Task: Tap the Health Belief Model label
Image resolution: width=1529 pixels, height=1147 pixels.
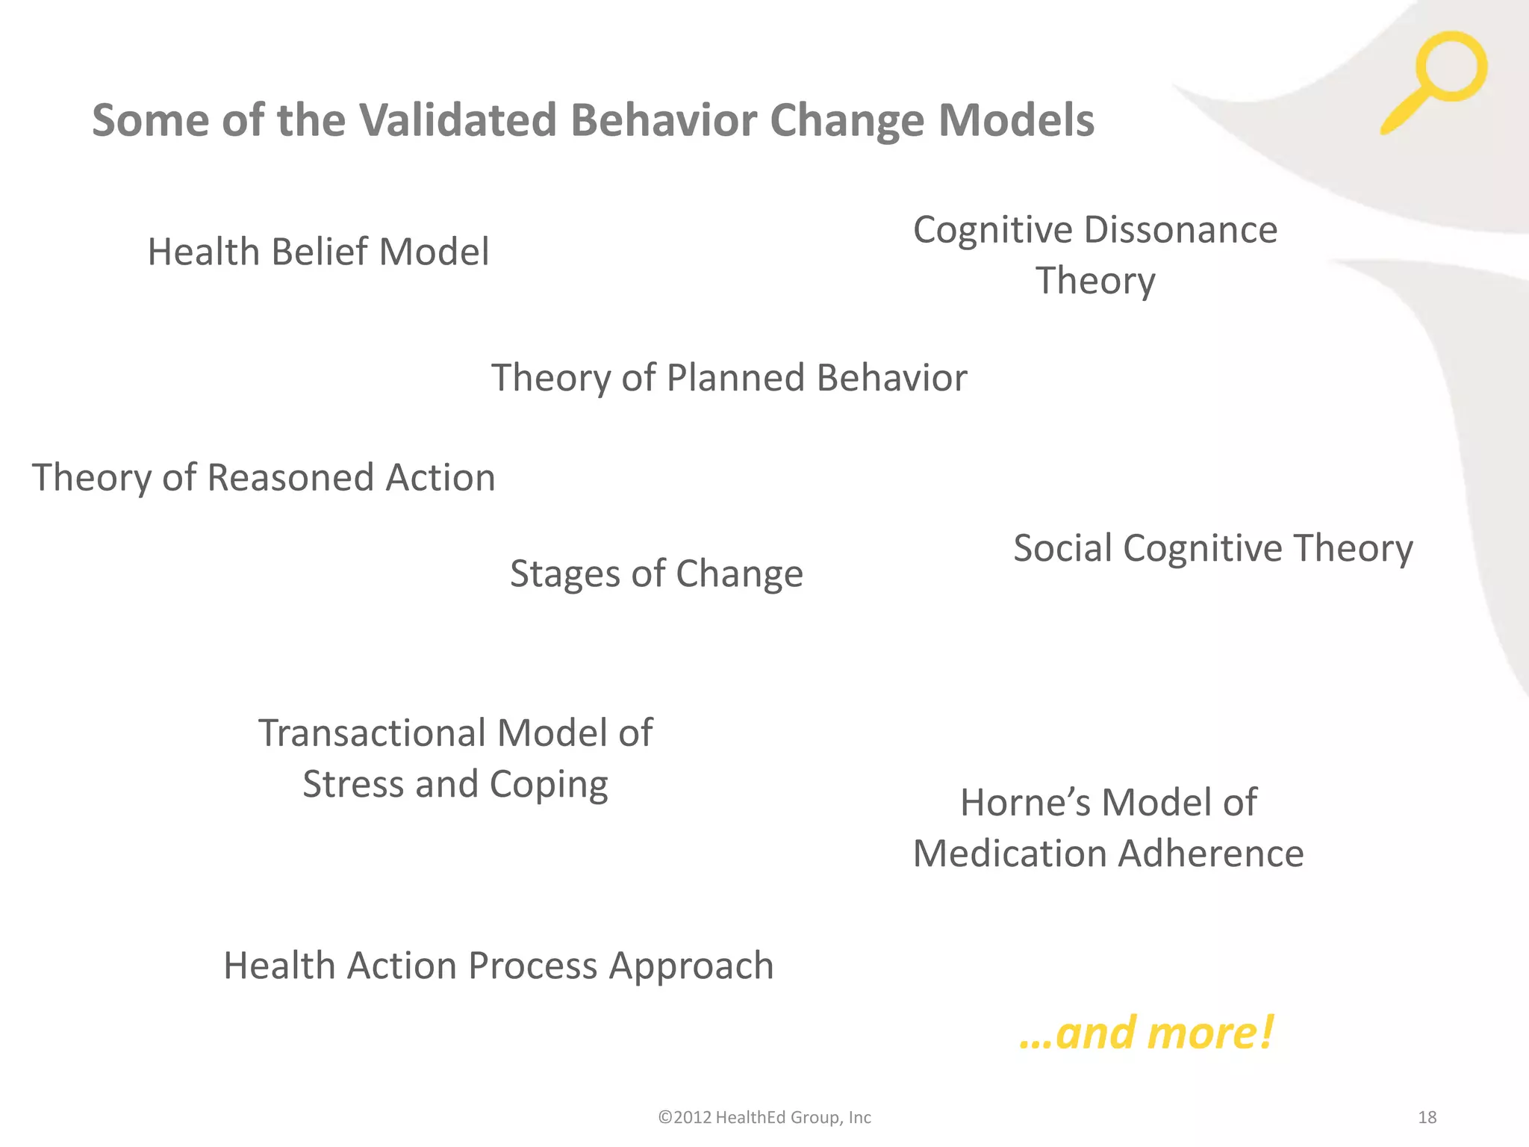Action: click(318, 252)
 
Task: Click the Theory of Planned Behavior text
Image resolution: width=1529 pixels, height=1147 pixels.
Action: click(729, 378)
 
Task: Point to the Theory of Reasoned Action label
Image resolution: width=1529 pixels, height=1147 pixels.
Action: click(264, 478)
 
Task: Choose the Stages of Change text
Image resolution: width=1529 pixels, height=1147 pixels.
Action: click(656, 574)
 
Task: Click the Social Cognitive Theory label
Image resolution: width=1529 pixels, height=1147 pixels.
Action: click(1212, 548)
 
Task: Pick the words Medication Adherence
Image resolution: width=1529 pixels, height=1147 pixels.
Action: click(1108, 854)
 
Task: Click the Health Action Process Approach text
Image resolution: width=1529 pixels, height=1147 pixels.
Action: click(498, 966)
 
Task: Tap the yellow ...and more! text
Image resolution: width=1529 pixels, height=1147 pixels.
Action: click(1146, 1033)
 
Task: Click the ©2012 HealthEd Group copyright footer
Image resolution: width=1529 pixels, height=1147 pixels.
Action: click(764, 1117)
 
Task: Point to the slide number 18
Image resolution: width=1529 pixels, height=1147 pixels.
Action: click(1427, 1117)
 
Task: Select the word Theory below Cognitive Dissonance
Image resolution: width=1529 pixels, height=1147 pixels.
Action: click(1095, 281)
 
